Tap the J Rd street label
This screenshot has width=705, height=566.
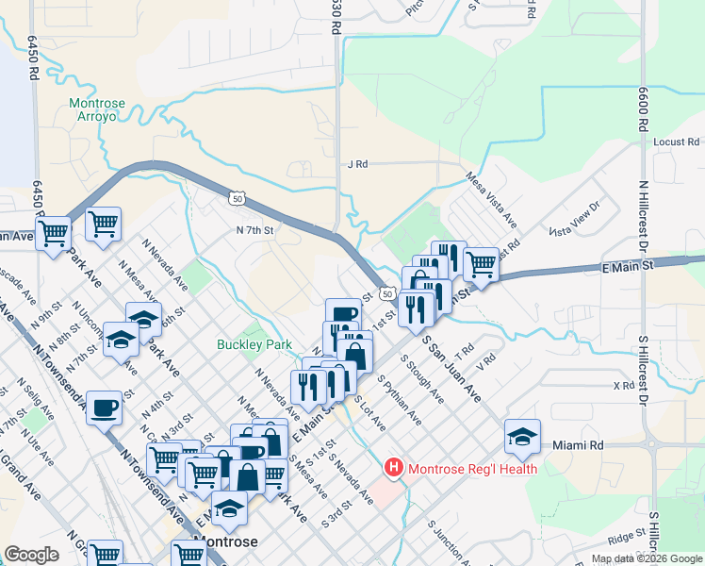356,164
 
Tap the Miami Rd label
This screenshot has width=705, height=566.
578,444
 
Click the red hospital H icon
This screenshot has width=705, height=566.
394,468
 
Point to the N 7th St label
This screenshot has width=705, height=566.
254,229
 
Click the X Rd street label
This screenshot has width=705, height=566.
623,386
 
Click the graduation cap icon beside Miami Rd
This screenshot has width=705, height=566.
522,435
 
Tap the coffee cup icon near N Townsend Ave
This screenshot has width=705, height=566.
104,408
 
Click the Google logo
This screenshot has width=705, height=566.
31,555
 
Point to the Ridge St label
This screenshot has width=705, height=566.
626,538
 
